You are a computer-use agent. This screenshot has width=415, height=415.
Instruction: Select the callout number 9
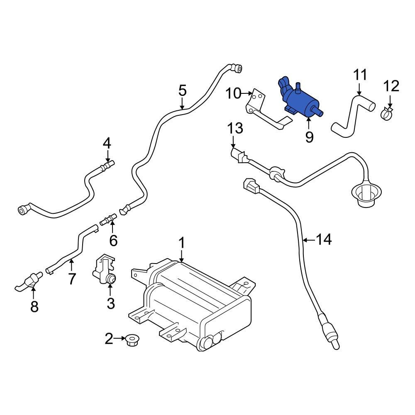click(309, 137)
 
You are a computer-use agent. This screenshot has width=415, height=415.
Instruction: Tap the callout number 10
click(233, 93)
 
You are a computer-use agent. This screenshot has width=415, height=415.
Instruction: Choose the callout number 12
click(391, 86)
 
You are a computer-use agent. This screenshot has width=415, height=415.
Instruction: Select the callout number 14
click(324, 239)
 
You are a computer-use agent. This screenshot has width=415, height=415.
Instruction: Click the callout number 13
click(235, 128)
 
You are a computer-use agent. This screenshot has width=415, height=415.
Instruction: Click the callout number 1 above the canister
click(181, 242)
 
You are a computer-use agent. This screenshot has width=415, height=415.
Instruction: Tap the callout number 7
click(72, 278)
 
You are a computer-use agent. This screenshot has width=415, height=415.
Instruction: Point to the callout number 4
click(107, 144)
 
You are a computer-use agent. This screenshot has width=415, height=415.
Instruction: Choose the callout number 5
click(183, 90)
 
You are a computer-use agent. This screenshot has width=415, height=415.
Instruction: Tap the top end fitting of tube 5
click(237, 68)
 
